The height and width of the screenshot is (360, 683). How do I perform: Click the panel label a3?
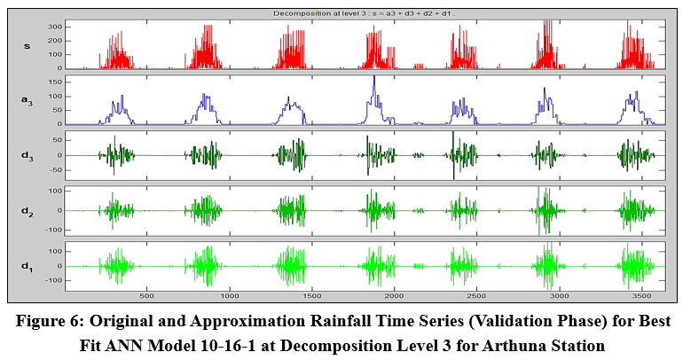[x=27, y=100]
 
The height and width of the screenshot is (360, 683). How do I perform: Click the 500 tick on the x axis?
[x=147, y=295]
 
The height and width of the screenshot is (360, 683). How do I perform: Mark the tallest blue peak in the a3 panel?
[x=374, y=78]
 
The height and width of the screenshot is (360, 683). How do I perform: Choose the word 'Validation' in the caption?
[x=475, y=319]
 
